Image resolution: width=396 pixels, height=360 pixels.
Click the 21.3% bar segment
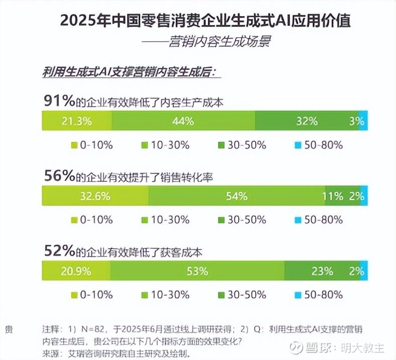(76, 121)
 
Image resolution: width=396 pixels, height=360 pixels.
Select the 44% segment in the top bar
(183, 121)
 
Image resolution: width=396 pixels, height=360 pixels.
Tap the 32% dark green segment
(307, 121)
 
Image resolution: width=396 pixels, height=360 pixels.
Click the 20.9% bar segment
(76, 271)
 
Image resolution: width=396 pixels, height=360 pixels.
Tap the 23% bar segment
(322, 271)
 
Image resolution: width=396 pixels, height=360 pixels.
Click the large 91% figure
(58, 101)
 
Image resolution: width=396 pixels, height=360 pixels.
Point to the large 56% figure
(58, 175)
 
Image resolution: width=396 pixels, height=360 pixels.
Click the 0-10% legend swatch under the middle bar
(75, 220)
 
